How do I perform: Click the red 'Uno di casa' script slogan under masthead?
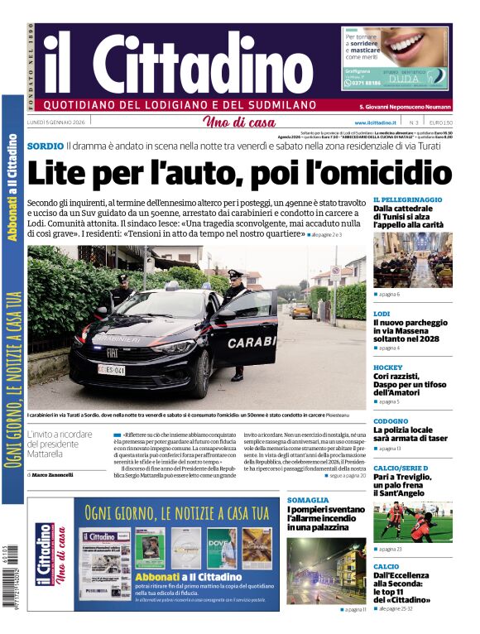[x=239, y=123]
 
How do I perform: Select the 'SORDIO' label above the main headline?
[x=45, y=146]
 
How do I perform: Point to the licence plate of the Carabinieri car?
[x=112, y=369]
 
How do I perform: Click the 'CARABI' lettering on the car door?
[x=252, y=342]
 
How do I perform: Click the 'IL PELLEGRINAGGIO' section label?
[x=406, y=199]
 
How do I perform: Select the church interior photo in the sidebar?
[x=412, y=259]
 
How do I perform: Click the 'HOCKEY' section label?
[x=387, y=367]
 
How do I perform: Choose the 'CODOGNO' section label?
[x=391, y=421]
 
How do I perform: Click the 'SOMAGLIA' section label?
[x=308, y=500]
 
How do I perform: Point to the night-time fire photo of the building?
[x=325, y=570]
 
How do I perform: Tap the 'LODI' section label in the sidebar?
[x=382, y=314]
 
